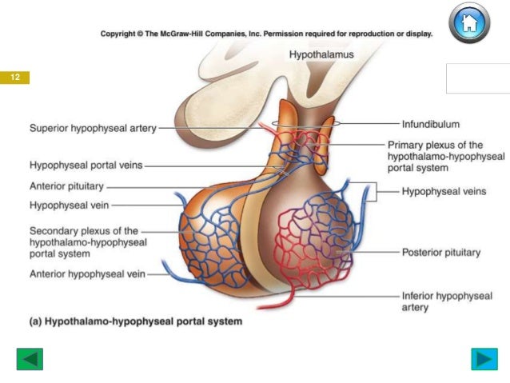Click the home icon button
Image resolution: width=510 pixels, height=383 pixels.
pyautogui.click(x=469, y=24)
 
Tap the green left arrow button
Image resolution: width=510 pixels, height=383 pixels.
pyautogui.click(x=30, y=359)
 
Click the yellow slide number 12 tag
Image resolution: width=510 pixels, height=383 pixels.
pyautogui.click(x=15, y=78)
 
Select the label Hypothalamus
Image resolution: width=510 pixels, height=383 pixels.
pyautogui.click(x=320, y=54)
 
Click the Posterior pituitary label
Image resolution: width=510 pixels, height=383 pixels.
pyautogui.click(x=440, y=252)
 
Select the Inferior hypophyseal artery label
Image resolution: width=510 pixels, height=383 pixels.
pyautogui.click(x=446, y=301)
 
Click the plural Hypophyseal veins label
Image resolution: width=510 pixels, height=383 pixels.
pyautogui.click(x=438, y=191)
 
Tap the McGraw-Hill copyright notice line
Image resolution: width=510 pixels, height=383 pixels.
pyautogui.click(x=266, y=34)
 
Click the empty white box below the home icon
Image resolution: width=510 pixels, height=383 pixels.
pyautogui.click(x=476, y=79)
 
